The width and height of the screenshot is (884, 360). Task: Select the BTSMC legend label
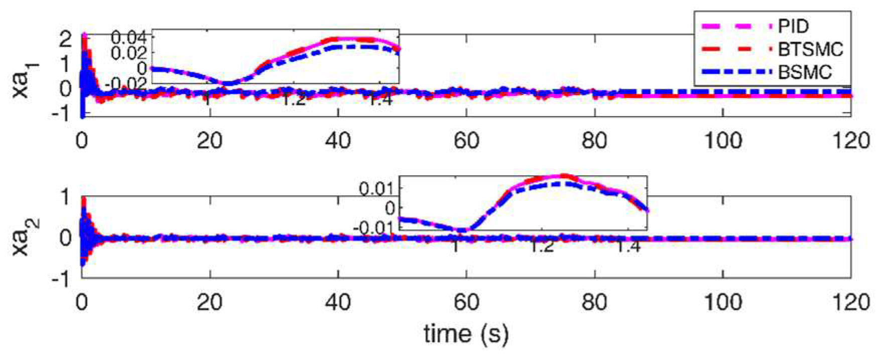tap(810, 49)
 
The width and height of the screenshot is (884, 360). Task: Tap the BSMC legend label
tap(805, 72)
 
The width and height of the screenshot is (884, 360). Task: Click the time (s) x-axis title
tap(466, 333)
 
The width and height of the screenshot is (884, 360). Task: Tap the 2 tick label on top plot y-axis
tap(65, 39)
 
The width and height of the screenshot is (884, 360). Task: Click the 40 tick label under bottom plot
tap(338, 302)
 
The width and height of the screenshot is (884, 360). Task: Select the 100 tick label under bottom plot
tap(722, 302)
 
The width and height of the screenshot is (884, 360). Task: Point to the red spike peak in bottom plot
tap(84, 200)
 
